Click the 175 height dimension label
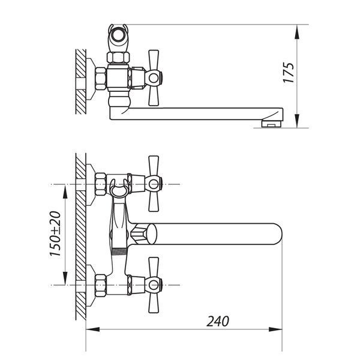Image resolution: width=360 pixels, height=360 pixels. click(289, 73)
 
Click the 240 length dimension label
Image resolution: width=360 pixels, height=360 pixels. click(218, 321)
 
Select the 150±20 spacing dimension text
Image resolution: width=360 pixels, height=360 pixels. click(55, 234)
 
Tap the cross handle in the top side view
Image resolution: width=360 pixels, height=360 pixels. click(154, 78)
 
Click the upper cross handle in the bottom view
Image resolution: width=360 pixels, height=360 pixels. click(154, 184)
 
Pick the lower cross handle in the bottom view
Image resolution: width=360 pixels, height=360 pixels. click(154, 285)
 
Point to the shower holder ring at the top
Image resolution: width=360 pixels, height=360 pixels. click(118, 34)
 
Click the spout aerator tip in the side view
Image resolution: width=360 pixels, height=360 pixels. click(272, 124)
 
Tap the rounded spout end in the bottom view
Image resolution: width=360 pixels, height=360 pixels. click(277, 234)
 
